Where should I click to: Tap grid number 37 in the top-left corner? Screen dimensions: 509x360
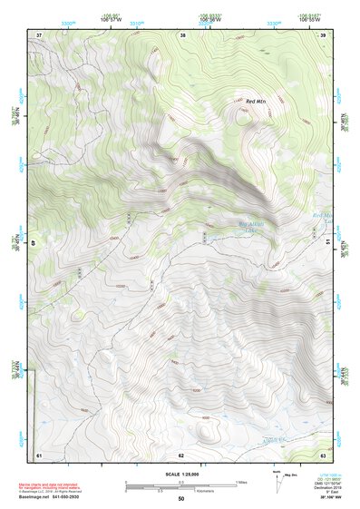point(38,35)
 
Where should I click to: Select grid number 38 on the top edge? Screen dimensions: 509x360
point(183,35)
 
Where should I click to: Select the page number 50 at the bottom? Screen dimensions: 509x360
point(180,499)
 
